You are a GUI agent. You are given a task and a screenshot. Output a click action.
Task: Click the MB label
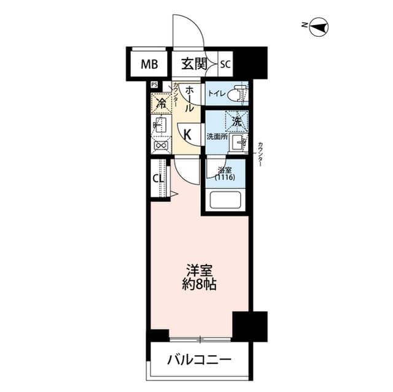tap(149, 63)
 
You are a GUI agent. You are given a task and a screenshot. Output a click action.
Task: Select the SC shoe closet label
tap(225, 63)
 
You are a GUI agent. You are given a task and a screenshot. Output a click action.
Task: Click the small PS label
tap(154, 85)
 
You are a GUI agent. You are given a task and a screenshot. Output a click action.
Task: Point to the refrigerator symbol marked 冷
tap(161, 104)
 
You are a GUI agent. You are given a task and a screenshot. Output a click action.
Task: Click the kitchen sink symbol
tap(160, 126)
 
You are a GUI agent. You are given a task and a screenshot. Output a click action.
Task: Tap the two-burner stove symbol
tap(161, 146)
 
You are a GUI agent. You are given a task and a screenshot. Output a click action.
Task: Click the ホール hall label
tap(190, 98)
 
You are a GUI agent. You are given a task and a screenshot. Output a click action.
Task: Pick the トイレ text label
tap(216, 94)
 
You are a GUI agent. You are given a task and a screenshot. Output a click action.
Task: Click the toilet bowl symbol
tap(238, 94)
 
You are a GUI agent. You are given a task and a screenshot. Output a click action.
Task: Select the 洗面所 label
tap(217, 136)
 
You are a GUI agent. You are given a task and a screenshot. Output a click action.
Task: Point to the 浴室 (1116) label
tap(225, 174)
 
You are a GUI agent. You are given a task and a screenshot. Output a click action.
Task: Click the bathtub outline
tap(227, 201)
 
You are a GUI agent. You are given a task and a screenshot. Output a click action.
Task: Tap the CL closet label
tap(157, 179)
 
